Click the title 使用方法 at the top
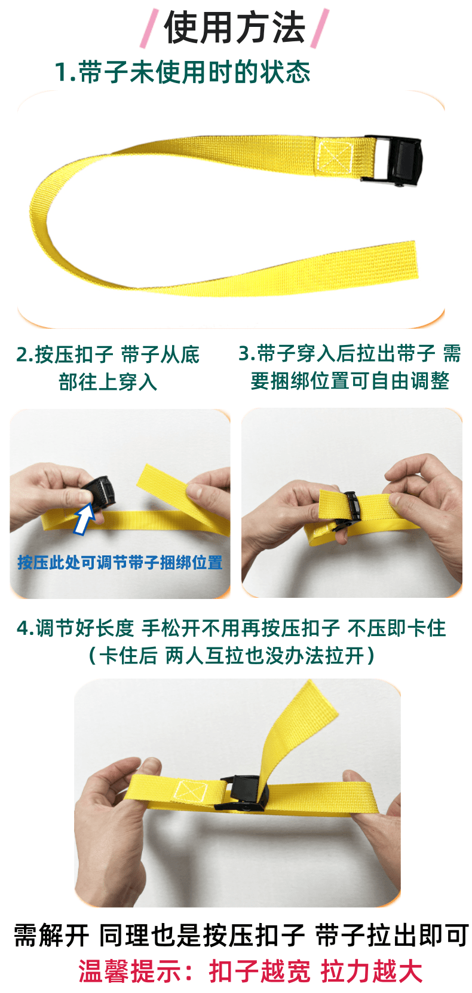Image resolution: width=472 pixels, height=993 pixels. click(x=235, y=28)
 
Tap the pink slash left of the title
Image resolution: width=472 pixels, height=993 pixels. click(x=149, y=28)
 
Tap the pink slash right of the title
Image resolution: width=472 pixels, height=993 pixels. click(x=320, y=28)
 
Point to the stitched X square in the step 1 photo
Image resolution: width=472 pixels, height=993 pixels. click(x=335, y=155)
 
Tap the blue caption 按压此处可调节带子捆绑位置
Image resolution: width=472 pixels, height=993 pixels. click(x=120, y=563)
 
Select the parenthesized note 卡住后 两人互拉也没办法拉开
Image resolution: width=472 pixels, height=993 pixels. click(x=232, y=656)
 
